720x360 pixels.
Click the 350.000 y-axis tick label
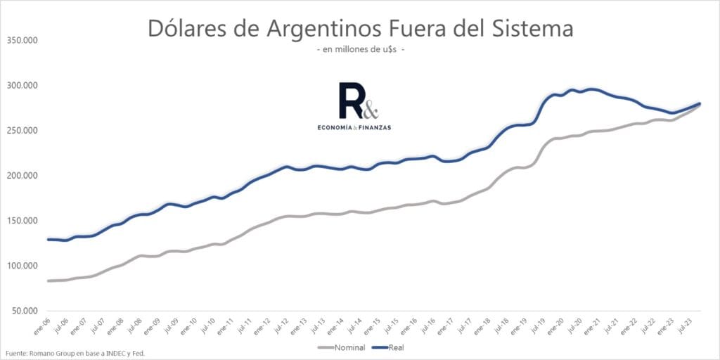point(22,40)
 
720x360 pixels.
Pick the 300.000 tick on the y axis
point(22,85)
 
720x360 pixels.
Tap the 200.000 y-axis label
point(22,176)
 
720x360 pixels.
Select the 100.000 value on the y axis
point(22,266)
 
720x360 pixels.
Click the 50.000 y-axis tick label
point(25,311)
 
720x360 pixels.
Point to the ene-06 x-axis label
point(44,324)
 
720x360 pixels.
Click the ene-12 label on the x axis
point(264,324)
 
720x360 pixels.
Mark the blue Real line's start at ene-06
point(49,240)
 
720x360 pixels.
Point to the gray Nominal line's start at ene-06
point(49,281)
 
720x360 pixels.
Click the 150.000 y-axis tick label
point(22,221)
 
